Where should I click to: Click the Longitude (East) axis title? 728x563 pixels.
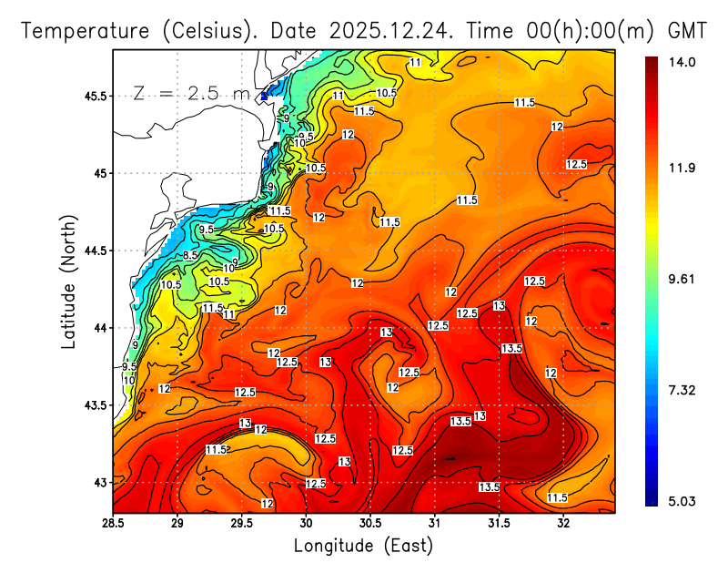point(363,545)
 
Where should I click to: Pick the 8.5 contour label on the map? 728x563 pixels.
point(190,256)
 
